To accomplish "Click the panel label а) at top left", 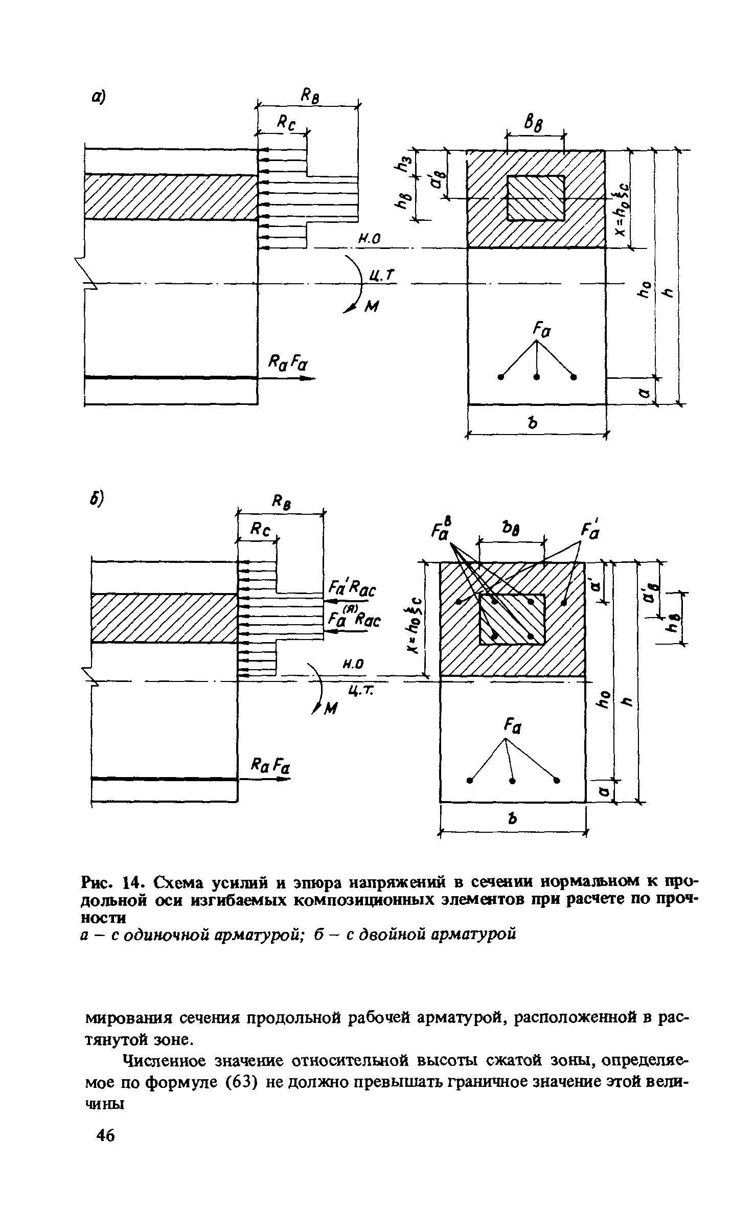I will tap(98, 97).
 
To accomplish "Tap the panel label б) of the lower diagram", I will tap(97, 499).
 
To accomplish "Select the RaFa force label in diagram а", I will tap(289, 363).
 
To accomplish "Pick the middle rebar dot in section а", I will tap(536, 377).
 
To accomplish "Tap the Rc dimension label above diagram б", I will tap(260, 531).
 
